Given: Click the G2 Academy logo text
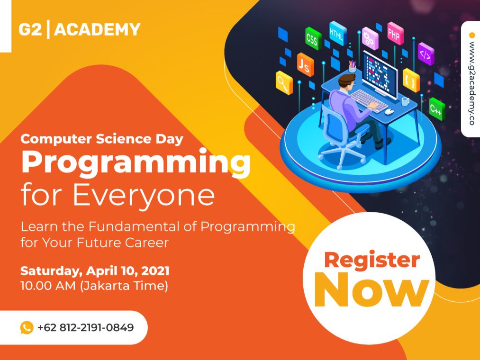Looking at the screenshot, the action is (80, 29).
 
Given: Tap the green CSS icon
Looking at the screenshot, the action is (313, 38).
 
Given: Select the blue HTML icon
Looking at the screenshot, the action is (338, 33).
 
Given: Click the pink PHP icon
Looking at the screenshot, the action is (395, 33).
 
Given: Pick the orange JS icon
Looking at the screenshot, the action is (305, 64).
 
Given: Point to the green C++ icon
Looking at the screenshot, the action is (437, 109).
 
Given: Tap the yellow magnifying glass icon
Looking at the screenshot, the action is (284, 82).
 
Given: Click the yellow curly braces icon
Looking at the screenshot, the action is (411, 80).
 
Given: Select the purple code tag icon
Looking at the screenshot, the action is (426, 54).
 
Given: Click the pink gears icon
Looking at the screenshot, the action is (370, 38).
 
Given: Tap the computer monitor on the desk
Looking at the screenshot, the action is (380, 73).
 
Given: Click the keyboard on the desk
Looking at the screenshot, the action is (369, 101).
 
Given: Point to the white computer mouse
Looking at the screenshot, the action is (389, 111).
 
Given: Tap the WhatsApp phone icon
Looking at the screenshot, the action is (27, 327).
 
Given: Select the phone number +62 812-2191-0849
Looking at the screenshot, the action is (86, 327).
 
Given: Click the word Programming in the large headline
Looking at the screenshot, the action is (136, 162).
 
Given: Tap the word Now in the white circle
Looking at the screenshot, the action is (372, 289).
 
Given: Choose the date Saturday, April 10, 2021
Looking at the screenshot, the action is (95, 271).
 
